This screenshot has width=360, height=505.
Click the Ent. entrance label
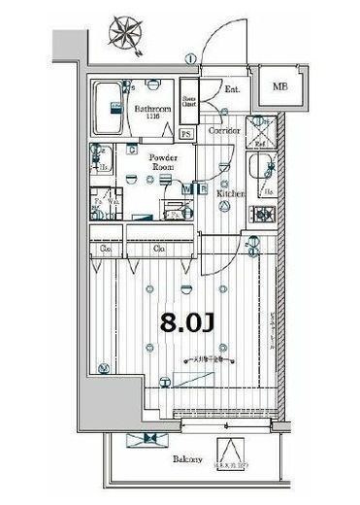pyautogui.click(x=233, y=90)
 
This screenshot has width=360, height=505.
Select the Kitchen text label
pyautogui.click(x=231, y=193)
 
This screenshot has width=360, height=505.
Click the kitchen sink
pyautogui.click(x=263, y=175)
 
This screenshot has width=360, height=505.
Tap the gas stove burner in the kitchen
pyautogui.click(x=262, y=214)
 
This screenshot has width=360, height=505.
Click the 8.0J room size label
pyautogui.click(x=183, y=321)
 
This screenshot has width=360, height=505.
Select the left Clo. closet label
pyautogui.click(x=105, y=250)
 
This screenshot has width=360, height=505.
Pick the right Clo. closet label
pyautogui.click(x=158, y=250)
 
